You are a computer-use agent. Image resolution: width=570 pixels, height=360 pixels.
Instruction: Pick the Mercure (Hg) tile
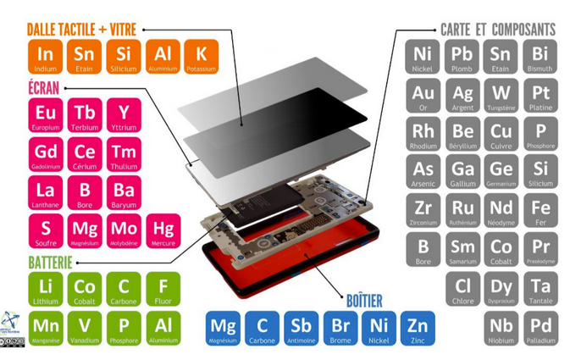point(162,230)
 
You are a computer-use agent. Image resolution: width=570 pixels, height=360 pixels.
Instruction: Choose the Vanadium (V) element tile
point(85,327)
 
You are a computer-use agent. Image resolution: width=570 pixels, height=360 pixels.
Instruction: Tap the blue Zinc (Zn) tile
point(416,327)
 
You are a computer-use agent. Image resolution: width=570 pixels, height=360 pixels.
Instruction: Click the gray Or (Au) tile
point(423,96)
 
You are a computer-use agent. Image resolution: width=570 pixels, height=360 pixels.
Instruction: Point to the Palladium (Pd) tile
point(540,328)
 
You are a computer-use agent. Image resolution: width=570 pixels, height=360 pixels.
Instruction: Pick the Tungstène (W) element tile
point(501,96)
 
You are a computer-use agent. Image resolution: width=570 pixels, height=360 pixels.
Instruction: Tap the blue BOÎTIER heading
point(364,301)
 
